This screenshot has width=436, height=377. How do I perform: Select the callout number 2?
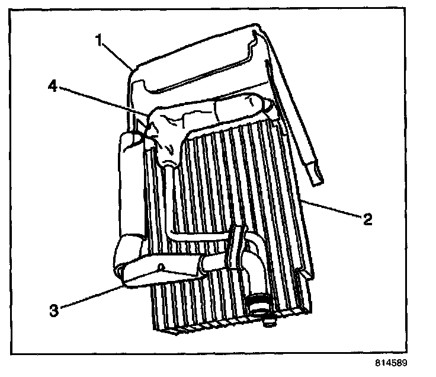point(368,220)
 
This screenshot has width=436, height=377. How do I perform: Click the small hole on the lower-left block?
point(161,267)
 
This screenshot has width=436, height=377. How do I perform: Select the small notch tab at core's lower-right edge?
point(305,274)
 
